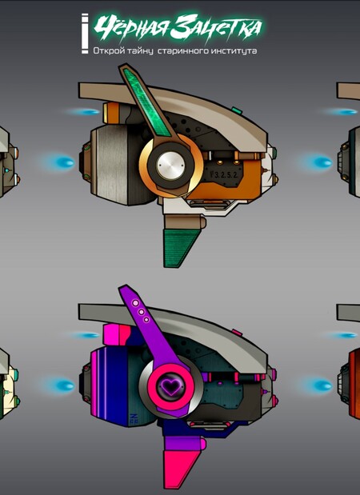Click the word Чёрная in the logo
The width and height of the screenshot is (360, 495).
132,29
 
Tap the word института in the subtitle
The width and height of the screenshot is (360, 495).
234,51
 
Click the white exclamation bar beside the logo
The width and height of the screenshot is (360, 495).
85,33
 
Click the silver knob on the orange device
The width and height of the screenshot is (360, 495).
170,165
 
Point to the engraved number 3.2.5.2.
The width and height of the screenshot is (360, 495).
225,174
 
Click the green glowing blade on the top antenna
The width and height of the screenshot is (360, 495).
147,102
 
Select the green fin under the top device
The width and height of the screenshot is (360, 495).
179,248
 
